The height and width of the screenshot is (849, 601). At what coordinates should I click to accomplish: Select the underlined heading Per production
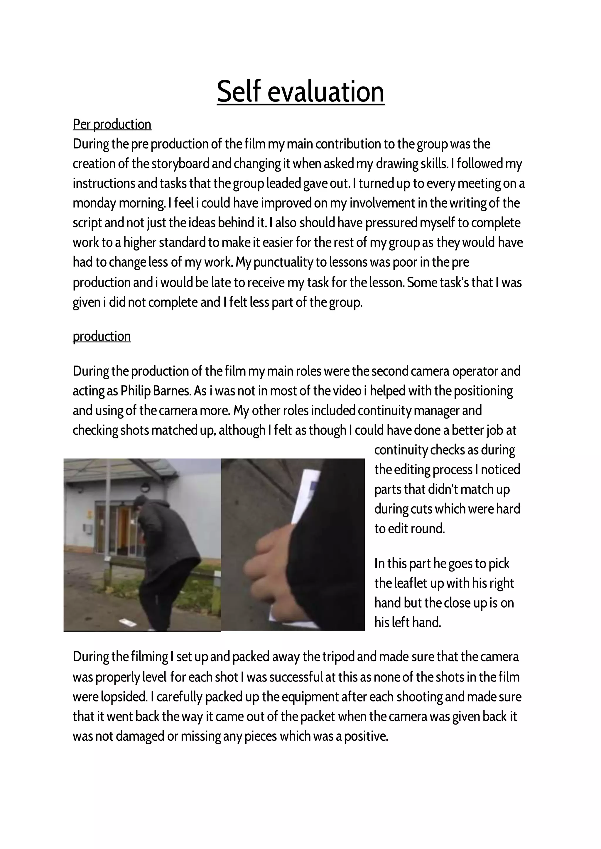(x=112, y=124)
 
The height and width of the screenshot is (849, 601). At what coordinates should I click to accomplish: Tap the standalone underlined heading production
(x=102, y=336)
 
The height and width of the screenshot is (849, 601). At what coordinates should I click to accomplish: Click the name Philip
(x=135, y=391)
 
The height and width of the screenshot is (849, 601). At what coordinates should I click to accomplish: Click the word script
(x=87, y=223)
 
